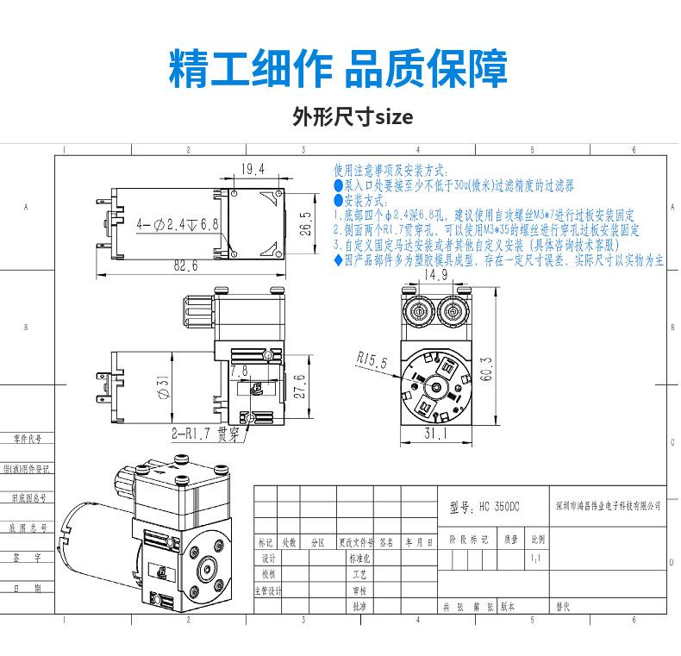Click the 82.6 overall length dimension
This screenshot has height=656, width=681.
click(185, 266)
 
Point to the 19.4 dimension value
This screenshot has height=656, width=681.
click(253, 169)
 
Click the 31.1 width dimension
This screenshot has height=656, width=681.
click(435, 435)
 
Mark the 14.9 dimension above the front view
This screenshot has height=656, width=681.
click(435, 275)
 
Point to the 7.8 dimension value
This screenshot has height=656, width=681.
click(238, 370)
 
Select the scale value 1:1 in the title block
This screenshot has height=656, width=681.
click(536, 559)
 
